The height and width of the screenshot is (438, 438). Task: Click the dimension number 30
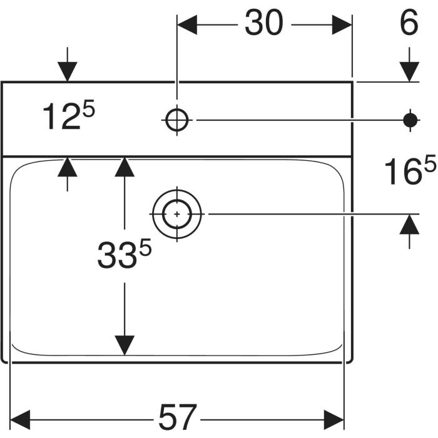point(263,24)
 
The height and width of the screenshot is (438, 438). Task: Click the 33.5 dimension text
point(125,255)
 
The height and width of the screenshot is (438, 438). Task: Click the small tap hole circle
point(178,118)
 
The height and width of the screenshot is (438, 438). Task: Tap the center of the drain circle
point(178,214)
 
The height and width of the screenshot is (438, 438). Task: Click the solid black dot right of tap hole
point(410,118)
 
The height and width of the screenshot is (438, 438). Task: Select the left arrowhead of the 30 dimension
point(188,25)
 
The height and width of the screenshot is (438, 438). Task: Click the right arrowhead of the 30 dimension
point(342,25)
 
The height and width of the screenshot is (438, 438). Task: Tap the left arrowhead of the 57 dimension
point(21,416)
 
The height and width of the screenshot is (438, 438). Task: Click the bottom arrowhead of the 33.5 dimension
point(125,345)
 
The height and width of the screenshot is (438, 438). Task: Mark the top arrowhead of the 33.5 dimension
point(125,167)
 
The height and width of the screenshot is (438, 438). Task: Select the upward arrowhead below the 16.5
point(410,223)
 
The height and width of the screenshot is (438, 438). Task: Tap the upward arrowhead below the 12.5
point(67,167)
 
